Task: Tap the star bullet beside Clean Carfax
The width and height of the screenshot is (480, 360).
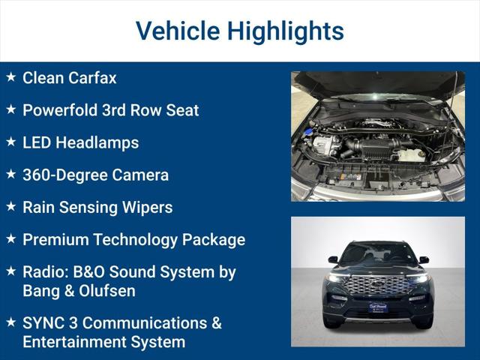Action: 10,77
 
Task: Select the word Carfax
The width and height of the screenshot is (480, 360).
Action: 93,77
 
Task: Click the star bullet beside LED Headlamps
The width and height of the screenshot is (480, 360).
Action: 10,142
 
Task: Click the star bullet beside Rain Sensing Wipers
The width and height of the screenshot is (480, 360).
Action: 10,207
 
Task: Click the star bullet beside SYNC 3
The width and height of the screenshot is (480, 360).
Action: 10,322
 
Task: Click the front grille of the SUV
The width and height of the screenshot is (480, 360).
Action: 379,285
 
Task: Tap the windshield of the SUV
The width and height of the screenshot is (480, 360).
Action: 378,253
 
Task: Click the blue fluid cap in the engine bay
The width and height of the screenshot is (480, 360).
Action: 308,132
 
